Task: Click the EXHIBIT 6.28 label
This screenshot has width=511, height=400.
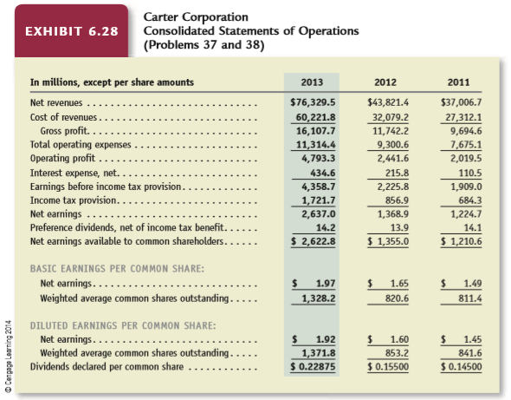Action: (x=72, y=31)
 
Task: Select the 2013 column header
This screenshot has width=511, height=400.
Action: (x=312, y=82)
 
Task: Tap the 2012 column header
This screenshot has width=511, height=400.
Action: (x=385, y=82)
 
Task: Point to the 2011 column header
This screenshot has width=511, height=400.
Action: (x=458, y=82)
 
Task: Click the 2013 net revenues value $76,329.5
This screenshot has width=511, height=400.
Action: (x=313, y=102)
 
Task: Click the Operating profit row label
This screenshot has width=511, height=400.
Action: (x=62, y=159)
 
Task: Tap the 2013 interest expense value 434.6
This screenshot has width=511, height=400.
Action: (x=322, y=173)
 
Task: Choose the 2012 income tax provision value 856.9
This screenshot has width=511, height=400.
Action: (x=397, y=200)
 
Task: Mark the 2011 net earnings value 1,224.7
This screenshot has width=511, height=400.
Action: (x=466, y=213)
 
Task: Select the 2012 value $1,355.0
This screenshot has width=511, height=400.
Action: (x=388, y=241)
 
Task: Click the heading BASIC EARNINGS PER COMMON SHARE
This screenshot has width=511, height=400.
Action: (x=117, y=268)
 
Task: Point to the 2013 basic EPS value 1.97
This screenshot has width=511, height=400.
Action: (x=326, y=283)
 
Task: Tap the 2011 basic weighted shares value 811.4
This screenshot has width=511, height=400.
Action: (x=470, y=298)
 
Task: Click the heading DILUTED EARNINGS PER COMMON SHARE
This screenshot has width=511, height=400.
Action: (x=123, y=325)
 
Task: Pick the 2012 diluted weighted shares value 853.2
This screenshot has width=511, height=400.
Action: (x=397, y=353)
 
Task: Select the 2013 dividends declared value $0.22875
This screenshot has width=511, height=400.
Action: (x=313, y=367)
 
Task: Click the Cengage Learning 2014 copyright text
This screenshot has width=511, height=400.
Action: (x=9, y=356)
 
